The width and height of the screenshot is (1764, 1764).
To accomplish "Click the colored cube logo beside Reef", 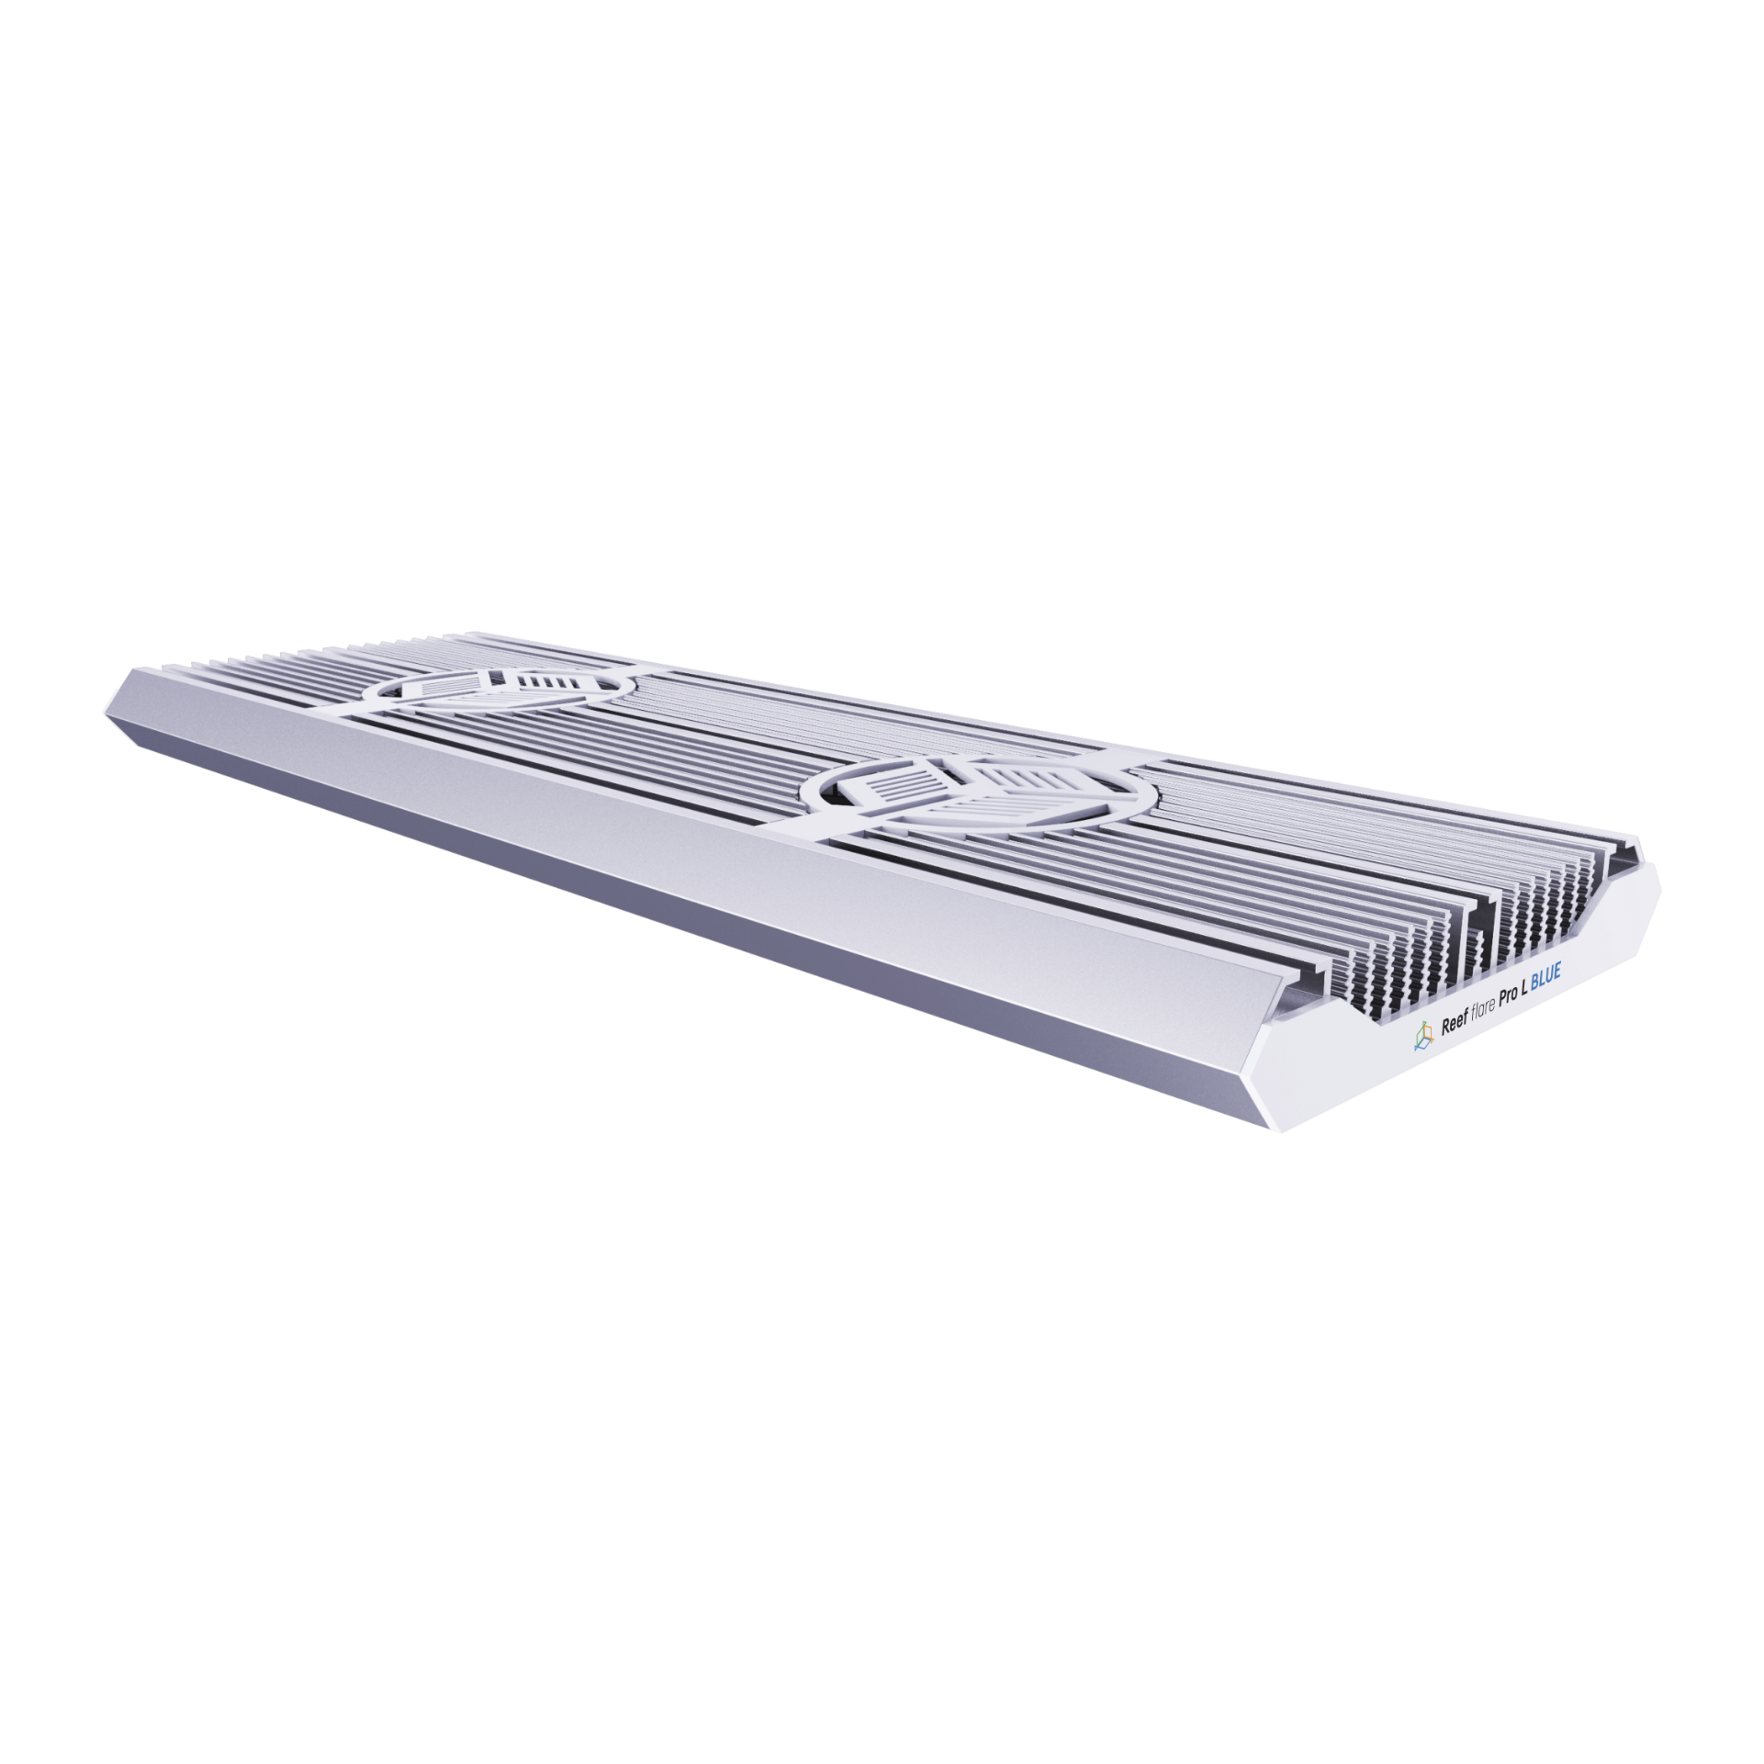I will click(x=1422, y=1039).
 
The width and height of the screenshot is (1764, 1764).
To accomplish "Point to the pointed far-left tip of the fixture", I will click(x=103, y=708).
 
